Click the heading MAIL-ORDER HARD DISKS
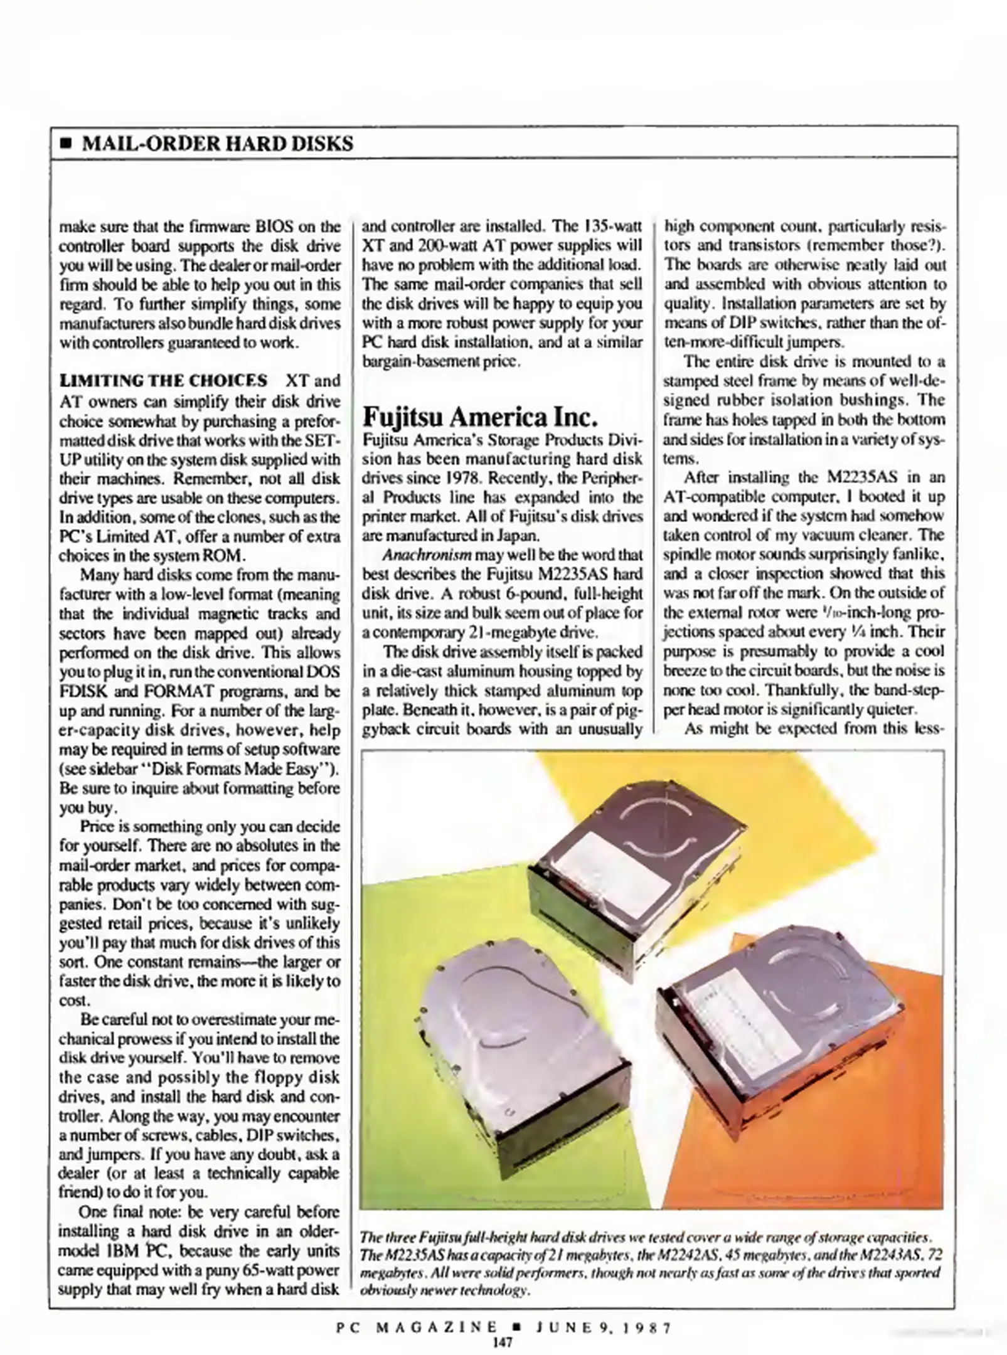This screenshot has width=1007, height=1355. tap(218, 144)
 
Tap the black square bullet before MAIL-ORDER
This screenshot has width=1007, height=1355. tap(65, 144)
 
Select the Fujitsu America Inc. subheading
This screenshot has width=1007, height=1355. tap(477, 416)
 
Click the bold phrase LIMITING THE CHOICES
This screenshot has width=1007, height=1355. tap(163, 381)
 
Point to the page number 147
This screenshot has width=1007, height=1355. tap(503, 1342)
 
